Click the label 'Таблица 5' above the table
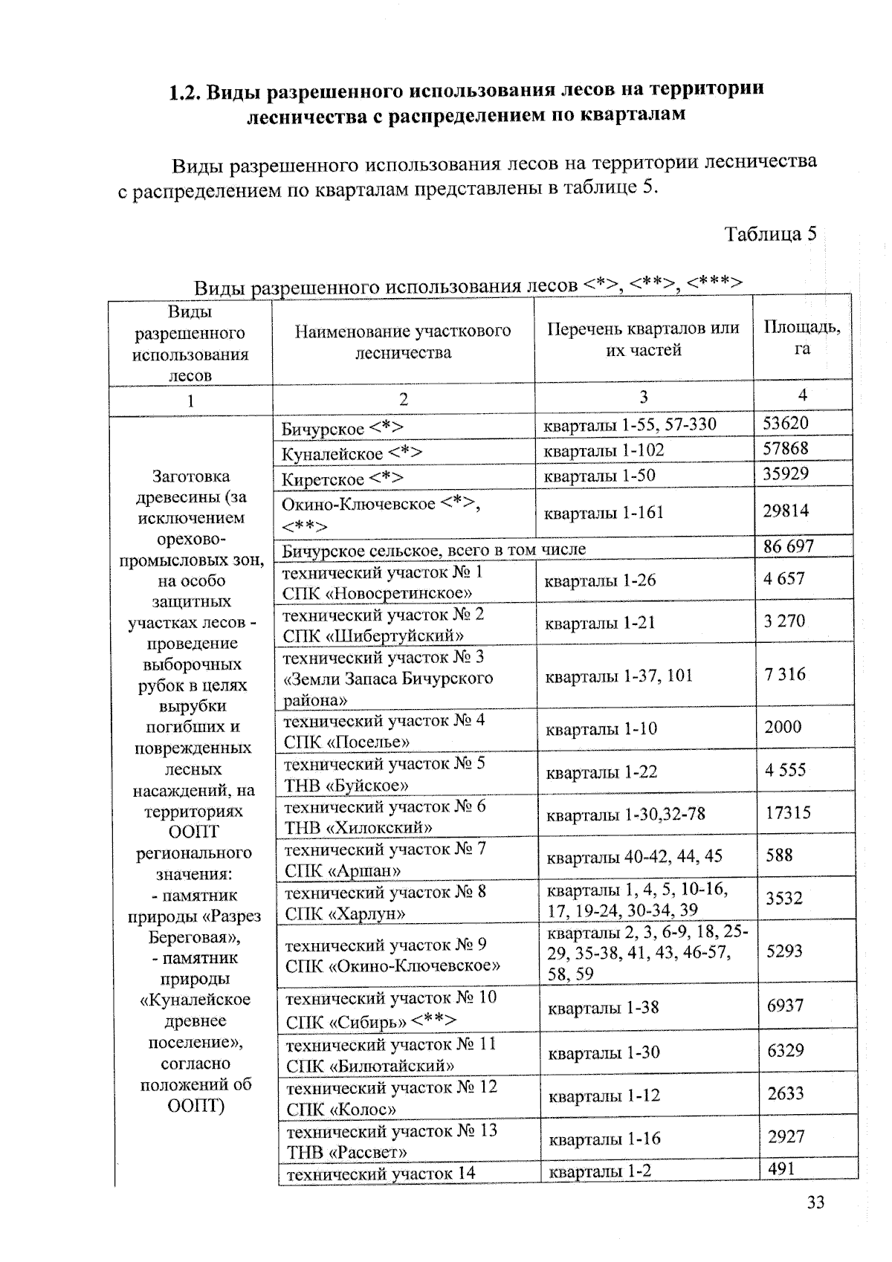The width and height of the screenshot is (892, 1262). coord(770,234)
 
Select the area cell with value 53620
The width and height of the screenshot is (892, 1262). coord(786,424)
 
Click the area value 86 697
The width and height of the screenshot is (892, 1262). coord(789,546)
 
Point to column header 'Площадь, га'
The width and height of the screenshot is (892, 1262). coord(801,337)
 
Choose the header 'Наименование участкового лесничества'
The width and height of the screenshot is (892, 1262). coord(403,341)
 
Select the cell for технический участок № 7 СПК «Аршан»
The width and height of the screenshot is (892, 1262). coord(385,859)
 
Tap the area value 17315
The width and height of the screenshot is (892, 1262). coord(788,812)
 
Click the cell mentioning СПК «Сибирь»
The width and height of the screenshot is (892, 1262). coord(391,1009)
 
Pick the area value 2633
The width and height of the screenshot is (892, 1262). coord(786,1093)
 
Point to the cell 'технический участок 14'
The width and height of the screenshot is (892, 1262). coord(381,1174)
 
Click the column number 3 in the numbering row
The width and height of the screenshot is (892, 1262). coord(643,397)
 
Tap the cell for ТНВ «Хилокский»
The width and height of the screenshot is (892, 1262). coord(385,817)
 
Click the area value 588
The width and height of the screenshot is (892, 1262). coord(779,855)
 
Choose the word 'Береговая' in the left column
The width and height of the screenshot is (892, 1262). coord(192,937)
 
